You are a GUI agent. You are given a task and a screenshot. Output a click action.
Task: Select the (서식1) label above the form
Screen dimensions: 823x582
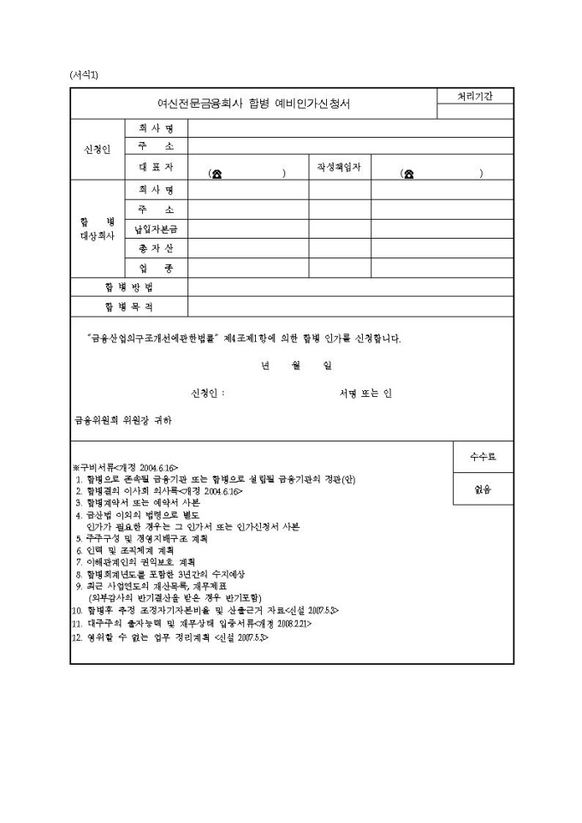(x=84, y=74)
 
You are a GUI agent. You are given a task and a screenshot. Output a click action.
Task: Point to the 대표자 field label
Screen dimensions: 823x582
(x=157, y=167)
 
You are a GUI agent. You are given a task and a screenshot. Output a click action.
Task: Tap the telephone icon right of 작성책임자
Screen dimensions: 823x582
(x=409, y=174)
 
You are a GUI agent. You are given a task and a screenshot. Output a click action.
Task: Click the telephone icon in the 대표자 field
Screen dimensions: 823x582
(x=217, y=174)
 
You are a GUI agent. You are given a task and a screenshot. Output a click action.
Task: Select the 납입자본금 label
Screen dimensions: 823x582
(x=157, y=229)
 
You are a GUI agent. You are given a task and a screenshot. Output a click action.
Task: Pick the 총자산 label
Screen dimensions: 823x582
(x=157, y=249)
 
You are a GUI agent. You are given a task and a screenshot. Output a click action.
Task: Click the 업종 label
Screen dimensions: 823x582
(x=157, y=269)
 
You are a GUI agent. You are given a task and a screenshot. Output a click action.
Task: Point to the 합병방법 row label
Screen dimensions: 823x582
(x=128, y=287)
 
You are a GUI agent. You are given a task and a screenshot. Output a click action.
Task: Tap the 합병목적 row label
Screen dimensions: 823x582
(x=128, y=306)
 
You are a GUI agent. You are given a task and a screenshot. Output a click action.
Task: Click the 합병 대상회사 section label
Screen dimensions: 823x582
(x=98, y=228)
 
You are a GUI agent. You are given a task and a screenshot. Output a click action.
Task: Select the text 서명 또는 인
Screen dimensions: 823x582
(x=366, y=394)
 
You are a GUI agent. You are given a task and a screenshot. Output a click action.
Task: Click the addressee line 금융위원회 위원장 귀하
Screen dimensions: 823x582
(x=123, y=420)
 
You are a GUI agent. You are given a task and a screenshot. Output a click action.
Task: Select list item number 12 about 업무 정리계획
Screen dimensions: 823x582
(x=169, y=636)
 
